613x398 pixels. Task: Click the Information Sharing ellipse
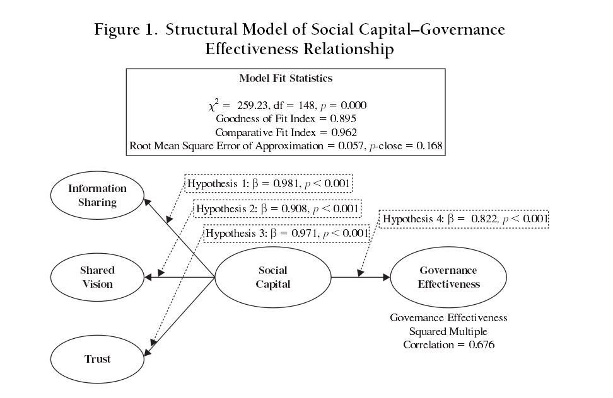[98, 195]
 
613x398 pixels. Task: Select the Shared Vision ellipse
[97, 277]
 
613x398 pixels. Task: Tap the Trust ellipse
[97, 359]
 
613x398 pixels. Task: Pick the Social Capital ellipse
[273, 277]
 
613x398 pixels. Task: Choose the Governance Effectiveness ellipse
[448, 277]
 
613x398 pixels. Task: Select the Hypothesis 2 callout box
[277, 208]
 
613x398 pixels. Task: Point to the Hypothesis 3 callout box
[286, 233]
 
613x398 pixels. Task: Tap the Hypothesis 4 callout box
[465, 219]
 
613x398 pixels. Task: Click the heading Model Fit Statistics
[286, 79]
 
